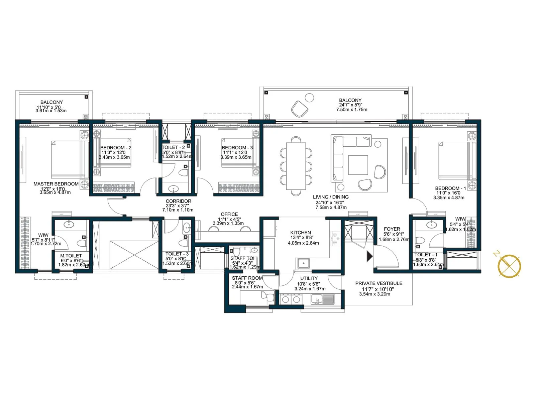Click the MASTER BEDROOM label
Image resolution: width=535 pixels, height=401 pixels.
56,184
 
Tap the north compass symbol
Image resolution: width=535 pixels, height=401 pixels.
509,266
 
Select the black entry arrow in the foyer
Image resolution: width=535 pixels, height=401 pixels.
369,256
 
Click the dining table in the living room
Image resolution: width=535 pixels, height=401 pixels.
296,166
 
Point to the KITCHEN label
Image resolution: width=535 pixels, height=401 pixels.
300,233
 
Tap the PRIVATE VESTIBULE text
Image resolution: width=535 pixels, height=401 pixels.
379,283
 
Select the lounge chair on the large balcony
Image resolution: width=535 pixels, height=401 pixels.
300,109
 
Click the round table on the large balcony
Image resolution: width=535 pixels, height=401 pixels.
310,98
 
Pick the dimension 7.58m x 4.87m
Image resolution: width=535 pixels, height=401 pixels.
331,208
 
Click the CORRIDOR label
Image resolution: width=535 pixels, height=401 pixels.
178,201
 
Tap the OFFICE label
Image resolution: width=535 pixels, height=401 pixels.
229,214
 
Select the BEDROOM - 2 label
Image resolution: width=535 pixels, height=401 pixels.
116,148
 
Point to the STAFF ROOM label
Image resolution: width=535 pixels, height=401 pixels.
247,278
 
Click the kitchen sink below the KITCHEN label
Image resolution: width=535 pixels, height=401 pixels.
303,263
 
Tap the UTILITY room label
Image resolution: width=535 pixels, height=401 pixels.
309,278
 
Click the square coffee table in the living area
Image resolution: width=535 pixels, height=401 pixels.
358,165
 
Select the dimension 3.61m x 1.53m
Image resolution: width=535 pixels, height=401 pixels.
51,111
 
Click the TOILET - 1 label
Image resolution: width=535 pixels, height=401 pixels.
425,255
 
